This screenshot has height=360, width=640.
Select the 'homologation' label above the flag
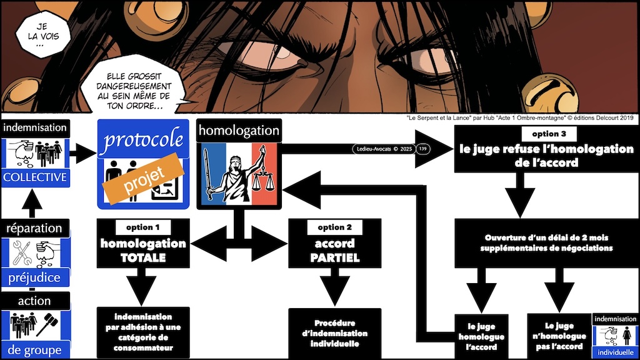click(x=238, y=130)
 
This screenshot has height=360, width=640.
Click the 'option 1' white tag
click(x=142, y=227)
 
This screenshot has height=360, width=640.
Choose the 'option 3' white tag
click(x=544, y=134)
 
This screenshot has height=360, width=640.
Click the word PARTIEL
click(x=334, y=257)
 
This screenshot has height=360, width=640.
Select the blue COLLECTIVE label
click(x=34, y=177)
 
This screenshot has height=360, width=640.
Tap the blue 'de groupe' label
click(x=34, y=349)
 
